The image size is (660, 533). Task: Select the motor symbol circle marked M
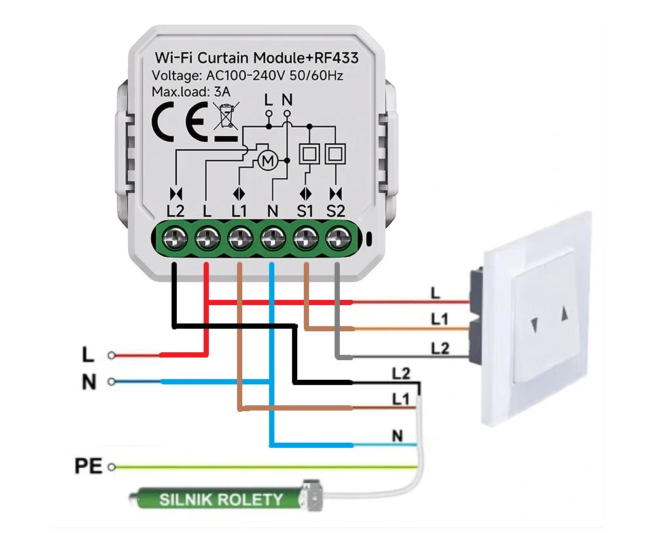click(x=266, y=160)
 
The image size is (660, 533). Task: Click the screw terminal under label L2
click(x=175, y=239)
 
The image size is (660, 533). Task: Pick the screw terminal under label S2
click(x=337, y=239)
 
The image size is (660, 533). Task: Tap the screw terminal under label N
click(x=272, y=239)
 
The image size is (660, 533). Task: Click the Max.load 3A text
click(x=191, y=92)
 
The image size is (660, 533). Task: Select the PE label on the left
click(x=88, y=467)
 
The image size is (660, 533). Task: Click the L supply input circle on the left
click(x=112, y=356)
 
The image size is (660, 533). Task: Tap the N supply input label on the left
click(x=89, y=382)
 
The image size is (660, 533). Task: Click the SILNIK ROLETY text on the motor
click(x=221, y=500)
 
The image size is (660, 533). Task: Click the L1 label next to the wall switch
click(x=439, y=319)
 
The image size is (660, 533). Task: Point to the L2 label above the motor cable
click(x=401, y=374)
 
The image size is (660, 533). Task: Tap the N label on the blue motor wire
click(x=397, y=435)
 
